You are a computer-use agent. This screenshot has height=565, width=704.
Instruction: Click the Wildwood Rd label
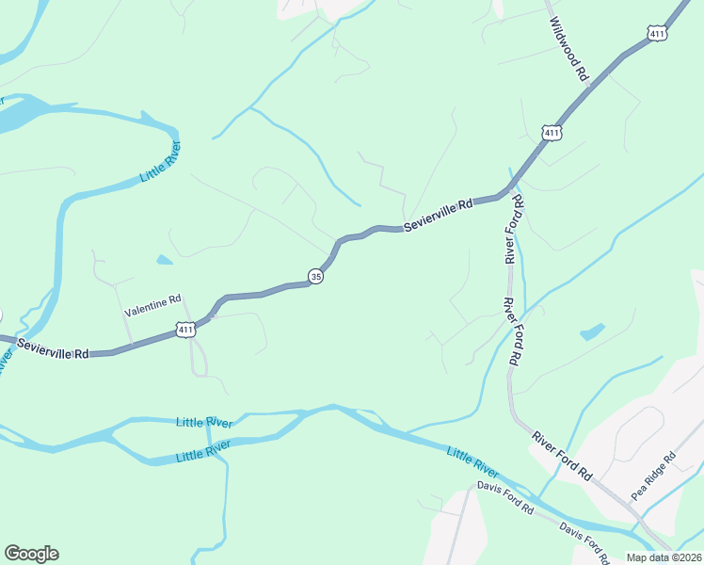(x=568, y=46)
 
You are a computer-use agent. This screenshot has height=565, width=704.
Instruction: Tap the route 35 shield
(x=315, y=276)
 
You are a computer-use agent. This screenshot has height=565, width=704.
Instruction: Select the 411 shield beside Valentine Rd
(x=185, y=330)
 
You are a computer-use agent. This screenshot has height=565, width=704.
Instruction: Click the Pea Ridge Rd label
(x=653, y=476)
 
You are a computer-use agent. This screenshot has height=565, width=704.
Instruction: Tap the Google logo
(x=31, y=554)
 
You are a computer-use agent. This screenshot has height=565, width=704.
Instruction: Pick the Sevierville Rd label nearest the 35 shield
(x=438, y=217)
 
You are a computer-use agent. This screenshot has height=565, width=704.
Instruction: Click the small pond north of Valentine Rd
(x=165, y=260)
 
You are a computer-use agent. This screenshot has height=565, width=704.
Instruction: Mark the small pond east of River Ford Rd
(x=592, y=331)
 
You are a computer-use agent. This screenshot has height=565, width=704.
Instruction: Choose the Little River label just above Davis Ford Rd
(x=472, y=461)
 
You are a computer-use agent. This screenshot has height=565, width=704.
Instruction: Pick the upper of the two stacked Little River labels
(x=203, y=421)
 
